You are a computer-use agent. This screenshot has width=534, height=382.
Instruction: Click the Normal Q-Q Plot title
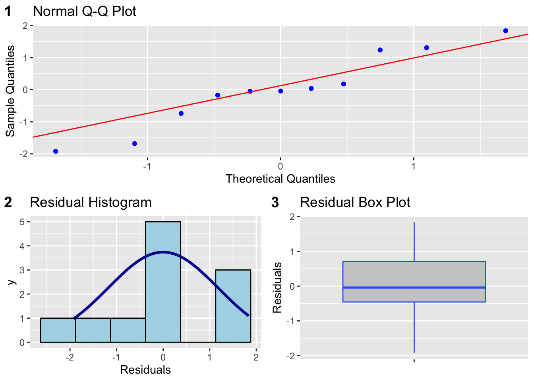click(x=84, y=11)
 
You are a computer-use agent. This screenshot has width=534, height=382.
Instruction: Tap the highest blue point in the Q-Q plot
click(x=505, y=31)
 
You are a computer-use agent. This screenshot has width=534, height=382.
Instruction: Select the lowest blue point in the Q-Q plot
click(x=56, y=151)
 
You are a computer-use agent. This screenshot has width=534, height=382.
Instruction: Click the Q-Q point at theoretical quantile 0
click(x=281, y=91)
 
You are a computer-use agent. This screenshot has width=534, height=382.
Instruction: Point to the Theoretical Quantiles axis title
click(x=280, y=179)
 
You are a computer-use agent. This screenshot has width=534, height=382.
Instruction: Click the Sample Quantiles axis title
click(x=10, y=91)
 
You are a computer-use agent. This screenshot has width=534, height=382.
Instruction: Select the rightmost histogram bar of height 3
click(x=233, y=306)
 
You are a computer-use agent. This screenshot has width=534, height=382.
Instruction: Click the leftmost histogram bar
click(x=58, y=330)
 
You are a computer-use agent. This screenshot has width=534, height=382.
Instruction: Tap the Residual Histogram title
click(x=91, y=202)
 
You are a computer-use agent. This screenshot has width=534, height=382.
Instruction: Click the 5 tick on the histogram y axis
click(x=22, y=222)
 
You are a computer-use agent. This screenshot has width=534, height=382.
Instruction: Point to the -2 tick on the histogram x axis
click(x=70, y=357)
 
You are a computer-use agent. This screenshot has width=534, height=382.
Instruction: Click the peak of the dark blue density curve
click(x=163, y=252)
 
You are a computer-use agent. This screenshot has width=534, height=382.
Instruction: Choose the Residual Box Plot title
click(x=355, y=202)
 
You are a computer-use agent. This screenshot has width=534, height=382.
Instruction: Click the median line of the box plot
click(x=414, y=287)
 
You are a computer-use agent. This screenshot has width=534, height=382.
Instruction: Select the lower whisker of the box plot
click(x=414, y=327)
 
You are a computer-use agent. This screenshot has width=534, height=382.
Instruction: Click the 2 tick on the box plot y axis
click(x=292, y=217)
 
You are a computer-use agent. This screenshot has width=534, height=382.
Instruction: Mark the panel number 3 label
click(x=275, y=203)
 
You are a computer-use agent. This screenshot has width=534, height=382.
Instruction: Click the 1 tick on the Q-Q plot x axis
click(x=414, y=166)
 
